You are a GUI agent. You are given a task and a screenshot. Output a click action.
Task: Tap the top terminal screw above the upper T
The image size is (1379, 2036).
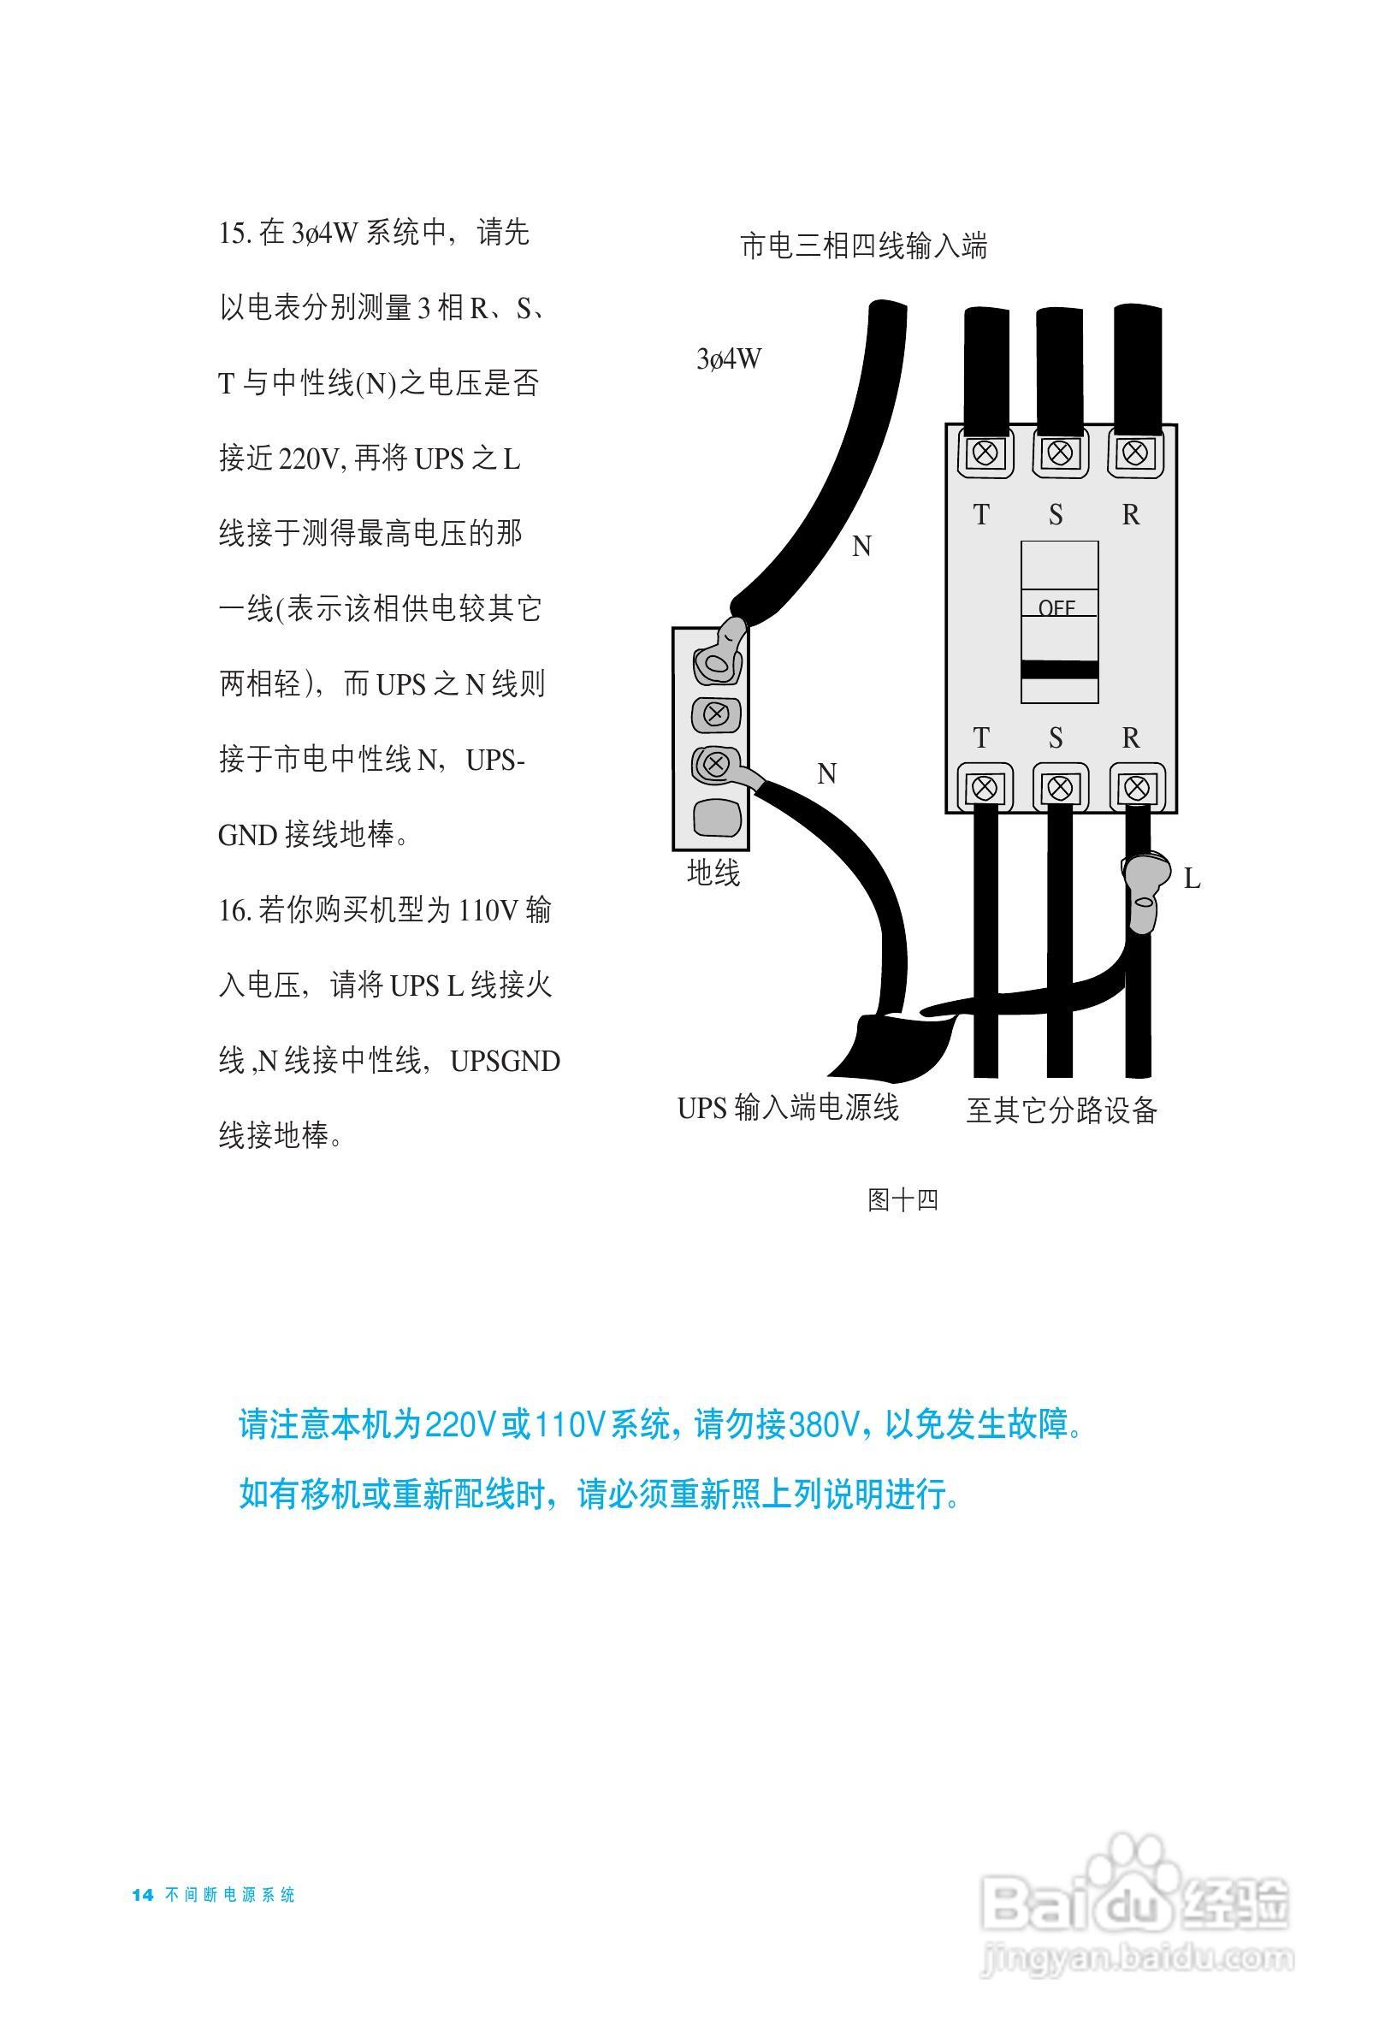[985, 453]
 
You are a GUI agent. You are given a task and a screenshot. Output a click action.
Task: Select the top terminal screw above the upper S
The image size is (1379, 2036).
[1060, 453]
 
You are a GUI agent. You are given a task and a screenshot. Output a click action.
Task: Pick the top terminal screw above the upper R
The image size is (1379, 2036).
[1135, 453]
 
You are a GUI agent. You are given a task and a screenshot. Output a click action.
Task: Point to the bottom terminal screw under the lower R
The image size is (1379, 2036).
[1136, 789]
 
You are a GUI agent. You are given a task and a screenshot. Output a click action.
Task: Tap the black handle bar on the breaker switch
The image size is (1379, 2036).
[1059, 670]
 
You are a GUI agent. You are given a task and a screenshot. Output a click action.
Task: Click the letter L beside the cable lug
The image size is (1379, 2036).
[1192, 879]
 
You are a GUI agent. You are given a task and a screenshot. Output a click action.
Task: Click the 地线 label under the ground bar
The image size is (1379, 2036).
[713, 873]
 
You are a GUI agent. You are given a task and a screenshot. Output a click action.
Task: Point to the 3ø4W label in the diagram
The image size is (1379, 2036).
[728, 358]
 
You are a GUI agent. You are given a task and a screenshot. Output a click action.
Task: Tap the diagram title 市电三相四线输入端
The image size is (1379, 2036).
[863, 246]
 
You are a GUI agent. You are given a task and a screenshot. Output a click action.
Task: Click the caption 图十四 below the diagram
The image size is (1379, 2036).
[903, 1199]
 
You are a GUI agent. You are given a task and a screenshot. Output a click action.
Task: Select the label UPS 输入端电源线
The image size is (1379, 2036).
[788, 1107]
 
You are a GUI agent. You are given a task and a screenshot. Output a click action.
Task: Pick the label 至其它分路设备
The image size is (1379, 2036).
[1061, 1110]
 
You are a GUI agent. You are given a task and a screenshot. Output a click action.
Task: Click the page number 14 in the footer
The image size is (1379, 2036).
[143, 1894]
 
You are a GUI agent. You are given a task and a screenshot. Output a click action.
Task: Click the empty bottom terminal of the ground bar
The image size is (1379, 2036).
[716, 817]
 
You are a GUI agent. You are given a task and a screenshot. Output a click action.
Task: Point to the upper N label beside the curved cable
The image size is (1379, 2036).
[861, 547]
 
